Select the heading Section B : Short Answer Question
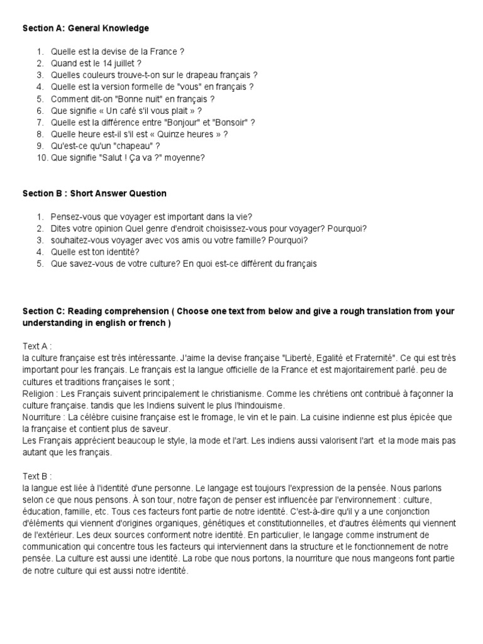click(x=94, y=193)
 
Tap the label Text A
click(x=37, y=346)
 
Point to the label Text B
click(x=37, y=476)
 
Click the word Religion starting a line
click(x=38, y=393)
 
